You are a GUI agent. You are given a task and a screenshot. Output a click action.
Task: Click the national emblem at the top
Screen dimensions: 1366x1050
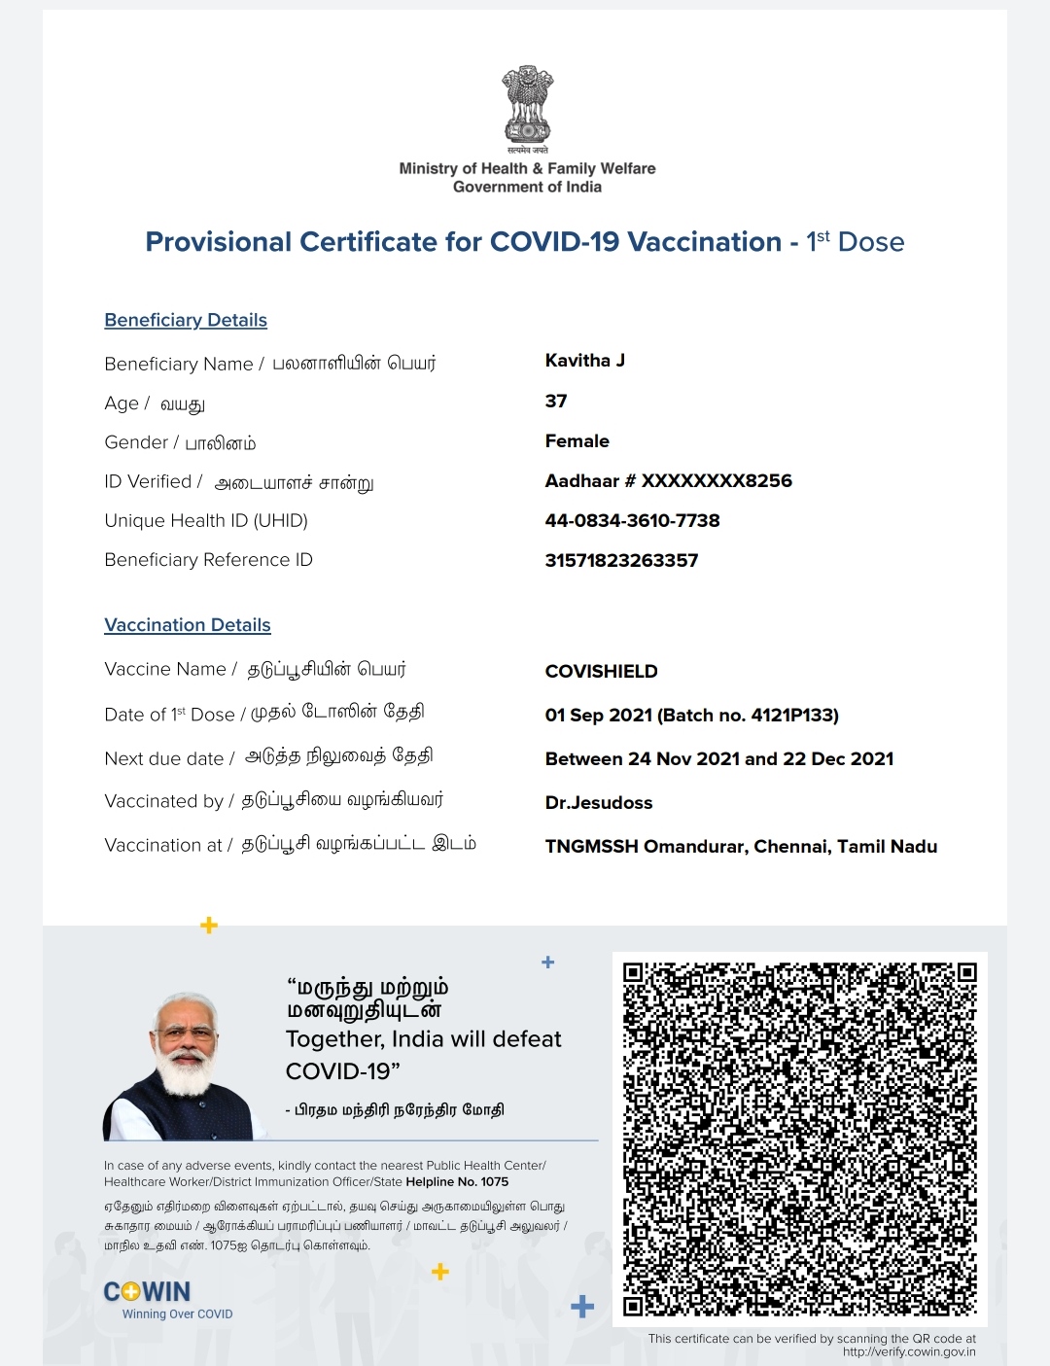tap(527, 106)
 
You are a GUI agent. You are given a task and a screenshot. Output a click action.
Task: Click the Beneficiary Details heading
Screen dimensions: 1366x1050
tap(186, 320)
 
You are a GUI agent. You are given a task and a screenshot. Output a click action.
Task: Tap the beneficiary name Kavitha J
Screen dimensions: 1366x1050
tap(584, 361)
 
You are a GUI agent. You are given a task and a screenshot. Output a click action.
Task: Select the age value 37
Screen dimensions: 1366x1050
tap(556, 402)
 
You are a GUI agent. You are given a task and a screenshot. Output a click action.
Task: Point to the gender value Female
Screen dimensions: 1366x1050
tap(577, 441)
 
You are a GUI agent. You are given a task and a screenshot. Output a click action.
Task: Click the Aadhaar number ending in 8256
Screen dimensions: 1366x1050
tap(668, 481)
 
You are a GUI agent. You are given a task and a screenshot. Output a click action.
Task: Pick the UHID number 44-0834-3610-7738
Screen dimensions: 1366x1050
tap(632, 521)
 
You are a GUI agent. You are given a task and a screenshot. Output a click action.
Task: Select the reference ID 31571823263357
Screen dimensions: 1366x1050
tap(621, 561)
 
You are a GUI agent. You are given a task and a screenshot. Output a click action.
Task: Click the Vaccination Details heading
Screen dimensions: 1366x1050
tap(188, 625)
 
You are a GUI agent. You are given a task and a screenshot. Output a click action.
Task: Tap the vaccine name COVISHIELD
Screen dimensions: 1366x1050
tap(601, 672)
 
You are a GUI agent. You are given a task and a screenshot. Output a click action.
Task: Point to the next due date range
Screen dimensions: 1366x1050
tap(718, 759)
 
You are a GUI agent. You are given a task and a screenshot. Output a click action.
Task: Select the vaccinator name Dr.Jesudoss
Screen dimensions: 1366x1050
tap(598, 803)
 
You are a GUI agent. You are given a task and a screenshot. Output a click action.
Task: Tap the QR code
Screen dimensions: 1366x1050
tap(799, 1138)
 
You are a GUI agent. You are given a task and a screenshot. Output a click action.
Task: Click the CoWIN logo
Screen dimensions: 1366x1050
tap(148, 1292)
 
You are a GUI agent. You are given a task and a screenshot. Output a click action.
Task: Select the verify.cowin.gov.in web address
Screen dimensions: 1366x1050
tap(909, 1351)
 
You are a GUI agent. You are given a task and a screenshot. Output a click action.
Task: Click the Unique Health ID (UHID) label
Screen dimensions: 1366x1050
tap(206, 521)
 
